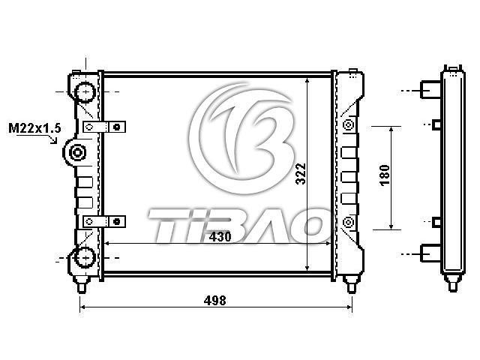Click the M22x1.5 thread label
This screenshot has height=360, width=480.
tap(34, 128)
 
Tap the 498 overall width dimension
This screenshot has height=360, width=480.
tap(215, 301)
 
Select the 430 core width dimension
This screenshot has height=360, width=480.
tap(220, 237)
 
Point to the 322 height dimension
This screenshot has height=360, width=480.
tap(301, 173)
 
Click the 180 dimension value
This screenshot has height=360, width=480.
tap(385, 175)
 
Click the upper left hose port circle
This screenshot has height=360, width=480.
tap(85, 91)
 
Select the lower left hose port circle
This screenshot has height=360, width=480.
tap(85, 258)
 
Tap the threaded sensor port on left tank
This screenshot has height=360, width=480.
tap(76, 152)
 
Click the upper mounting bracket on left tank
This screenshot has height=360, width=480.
tap(104, 127)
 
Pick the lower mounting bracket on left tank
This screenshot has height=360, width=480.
tap(104, 221)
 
